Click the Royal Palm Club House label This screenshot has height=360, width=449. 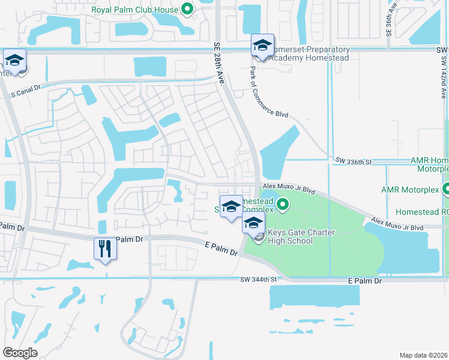point(134,10)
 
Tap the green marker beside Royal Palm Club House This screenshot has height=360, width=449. point(187,9)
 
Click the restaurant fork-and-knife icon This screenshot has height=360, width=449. point(105,248)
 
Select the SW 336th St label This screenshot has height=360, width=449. point(354,161)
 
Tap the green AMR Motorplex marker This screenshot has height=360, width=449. point(445,190)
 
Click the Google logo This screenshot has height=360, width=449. point(20,352)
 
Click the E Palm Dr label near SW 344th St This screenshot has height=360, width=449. point(365,280)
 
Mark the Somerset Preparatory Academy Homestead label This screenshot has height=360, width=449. point(309,53)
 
